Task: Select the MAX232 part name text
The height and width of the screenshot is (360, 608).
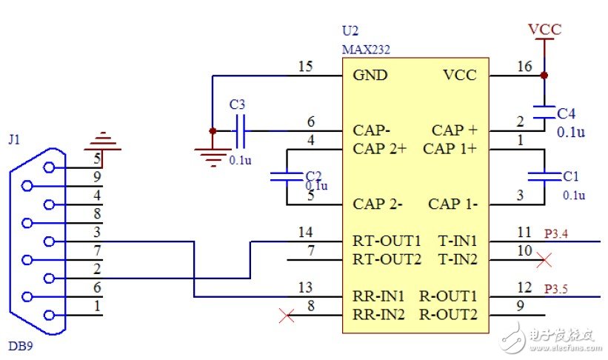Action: tap(366, 50)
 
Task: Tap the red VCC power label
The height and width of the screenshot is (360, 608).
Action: tap(544, 30)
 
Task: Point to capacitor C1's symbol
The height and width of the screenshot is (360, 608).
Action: tap(544, 176)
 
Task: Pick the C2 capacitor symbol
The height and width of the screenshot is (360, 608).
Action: tap(286, 177)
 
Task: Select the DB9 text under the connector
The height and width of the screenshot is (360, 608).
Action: tap(21, 345)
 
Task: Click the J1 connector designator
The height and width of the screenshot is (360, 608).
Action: tap(14, 139)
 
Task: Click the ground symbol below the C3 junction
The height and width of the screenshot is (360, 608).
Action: tap(213, 153)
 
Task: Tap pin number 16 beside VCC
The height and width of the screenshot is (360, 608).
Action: tap(524, 67)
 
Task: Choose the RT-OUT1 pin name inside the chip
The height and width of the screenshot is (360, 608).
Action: tap(387, 241)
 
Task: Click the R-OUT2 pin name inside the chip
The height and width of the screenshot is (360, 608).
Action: tap(448, 314)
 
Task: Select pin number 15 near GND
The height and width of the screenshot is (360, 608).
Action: tap(305, 67)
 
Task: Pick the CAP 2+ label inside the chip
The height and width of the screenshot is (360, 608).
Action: tap(380, 149)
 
